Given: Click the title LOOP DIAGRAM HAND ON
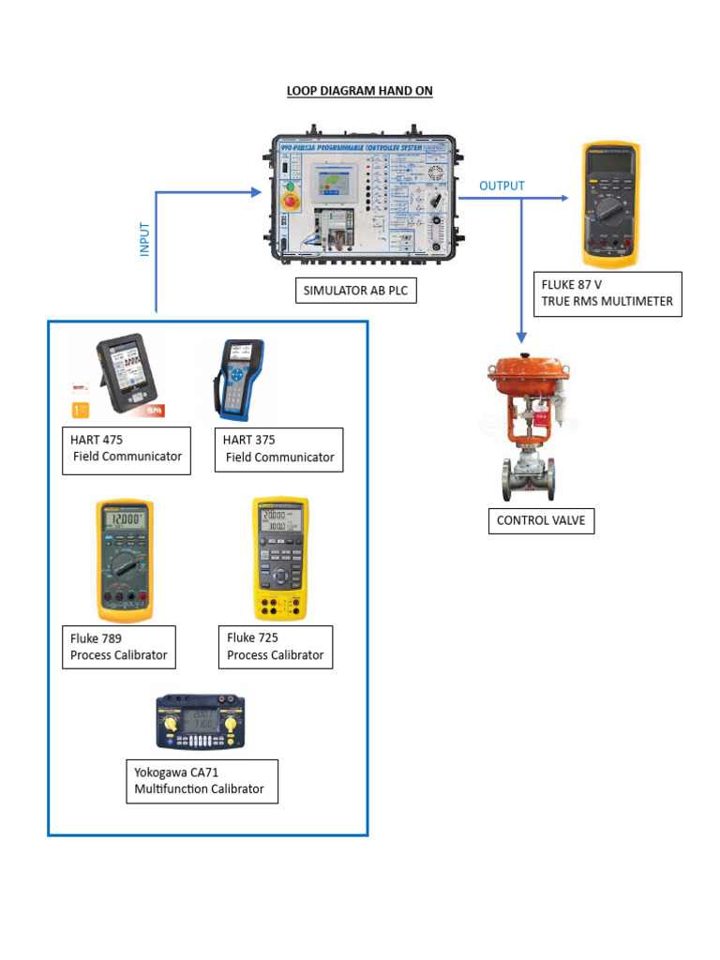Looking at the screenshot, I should click(359, 91).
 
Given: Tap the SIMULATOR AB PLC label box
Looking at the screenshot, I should click(355, 291).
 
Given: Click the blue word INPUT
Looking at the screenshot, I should click(144, 239).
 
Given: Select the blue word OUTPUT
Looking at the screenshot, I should click(502, 186).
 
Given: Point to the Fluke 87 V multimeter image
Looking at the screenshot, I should click(610, 203).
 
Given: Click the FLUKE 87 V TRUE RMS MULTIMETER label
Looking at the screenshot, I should click(607, 292).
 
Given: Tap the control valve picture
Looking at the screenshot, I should click(529, 427).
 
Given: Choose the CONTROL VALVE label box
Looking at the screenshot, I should click(541, 520).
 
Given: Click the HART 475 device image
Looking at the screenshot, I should click(124, 374).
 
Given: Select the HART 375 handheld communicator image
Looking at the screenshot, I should click(238, 377).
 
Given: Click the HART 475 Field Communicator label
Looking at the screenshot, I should click(127, 449).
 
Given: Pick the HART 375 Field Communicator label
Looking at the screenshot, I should click(278, 449).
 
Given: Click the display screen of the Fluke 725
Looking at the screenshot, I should click(279, 521).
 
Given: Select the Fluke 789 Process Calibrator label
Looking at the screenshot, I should click(119, 647).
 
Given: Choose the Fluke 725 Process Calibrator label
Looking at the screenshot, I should click(275, 647).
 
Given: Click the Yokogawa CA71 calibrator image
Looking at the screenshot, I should click(201, 724).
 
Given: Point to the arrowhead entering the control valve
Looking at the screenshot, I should click(521, 336).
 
